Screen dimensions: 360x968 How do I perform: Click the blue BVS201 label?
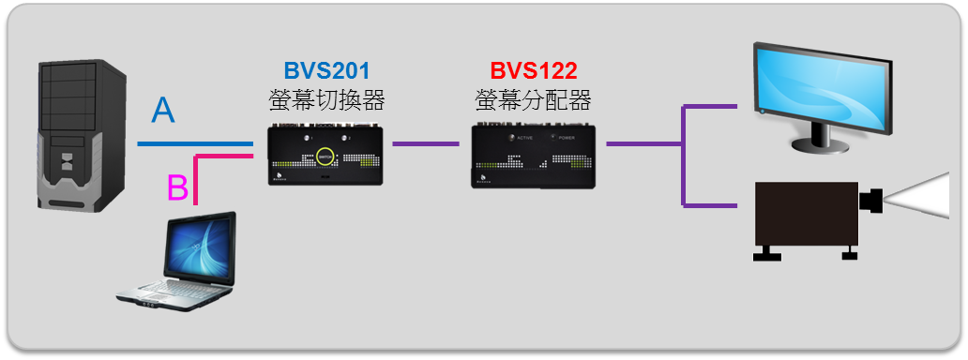pyautogui.click(x=326, y=71)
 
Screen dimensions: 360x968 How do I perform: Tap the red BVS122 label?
pyautogui.click(x=533, y=71)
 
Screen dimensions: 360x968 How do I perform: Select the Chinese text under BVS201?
pyautogui.click(x=326, y=99)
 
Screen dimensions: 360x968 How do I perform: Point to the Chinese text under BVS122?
pyautogui.click(x=533, y=99)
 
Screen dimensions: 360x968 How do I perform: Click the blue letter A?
pyautogui.click(x=163, y=111)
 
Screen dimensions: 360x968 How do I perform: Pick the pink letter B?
pyautogui.click(x=177, y=187)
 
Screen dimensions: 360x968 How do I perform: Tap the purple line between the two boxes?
pyautogui.click(x=431, y=144)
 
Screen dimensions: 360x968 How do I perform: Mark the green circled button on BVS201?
pyautogui.click(x=325, y=157)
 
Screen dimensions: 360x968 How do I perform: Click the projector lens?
pyautogui.click(x=872, y=199)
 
